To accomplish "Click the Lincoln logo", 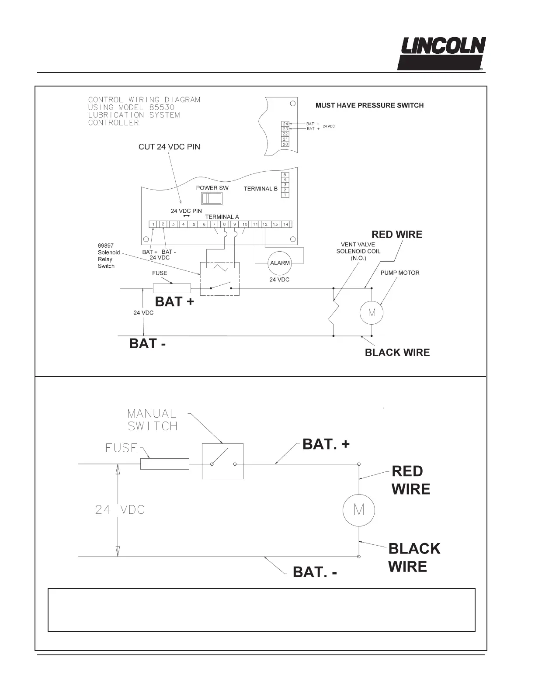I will tap(441, 53).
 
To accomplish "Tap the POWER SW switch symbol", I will tap(212, 199).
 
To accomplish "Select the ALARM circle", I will tap(280, 263).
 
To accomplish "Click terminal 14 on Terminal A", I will tap(285, 224).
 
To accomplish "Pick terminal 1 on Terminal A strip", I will tap(153, 224).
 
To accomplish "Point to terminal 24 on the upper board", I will tap(285, 124).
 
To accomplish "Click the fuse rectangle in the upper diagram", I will tap(172, 288).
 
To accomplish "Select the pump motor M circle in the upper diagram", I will tap(372, 313).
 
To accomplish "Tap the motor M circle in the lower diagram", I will tap(359, 510).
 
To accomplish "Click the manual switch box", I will tap(222, 461).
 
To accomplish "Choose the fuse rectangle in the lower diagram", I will tap(165, 464).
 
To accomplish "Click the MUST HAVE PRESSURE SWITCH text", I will tap(369, 105).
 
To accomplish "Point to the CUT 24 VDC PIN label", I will tap(169, 147).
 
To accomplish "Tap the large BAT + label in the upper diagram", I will tap(174, 302).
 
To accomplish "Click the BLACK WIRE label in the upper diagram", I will tap(397, 353).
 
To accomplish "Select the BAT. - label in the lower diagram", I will tap(315, 572).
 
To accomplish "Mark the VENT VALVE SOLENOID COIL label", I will tap(358, 251).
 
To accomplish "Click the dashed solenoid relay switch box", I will tap(220, 279).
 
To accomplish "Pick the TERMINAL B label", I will tap(261, 189).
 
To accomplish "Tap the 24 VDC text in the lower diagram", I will tap(120, 510).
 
